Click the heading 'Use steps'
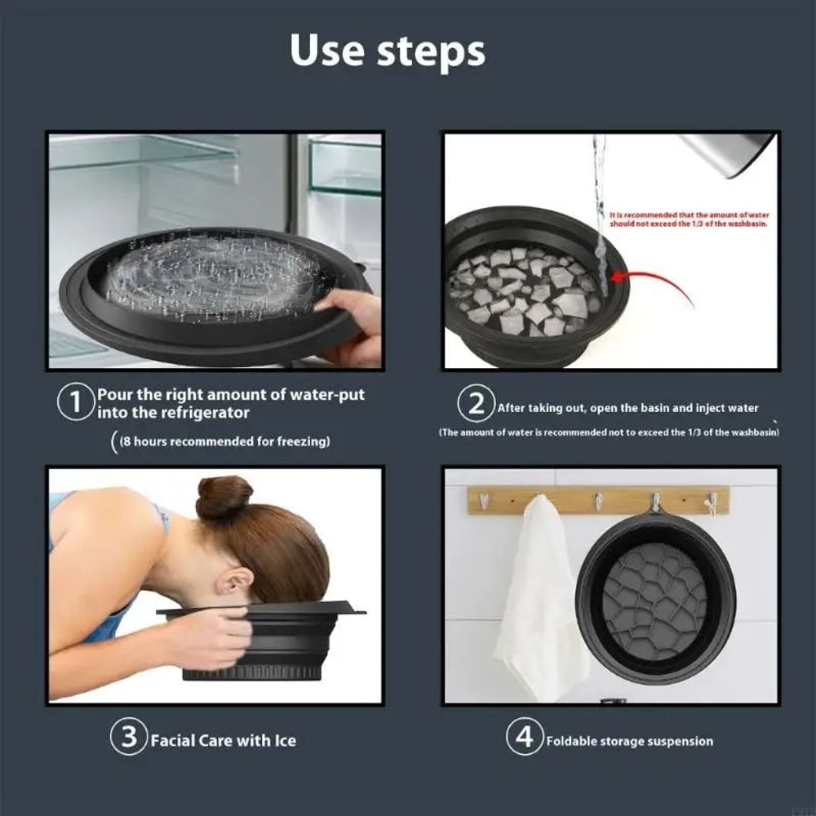[388, 50]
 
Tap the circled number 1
[75, 403]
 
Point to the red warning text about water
[690, 219]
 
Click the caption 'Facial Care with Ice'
[223, 741]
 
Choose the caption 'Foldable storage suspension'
[629, 742]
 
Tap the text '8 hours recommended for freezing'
[224, 441]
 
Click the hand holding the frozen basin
[351, 322]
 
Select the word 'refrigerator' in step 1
[193, 413]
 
